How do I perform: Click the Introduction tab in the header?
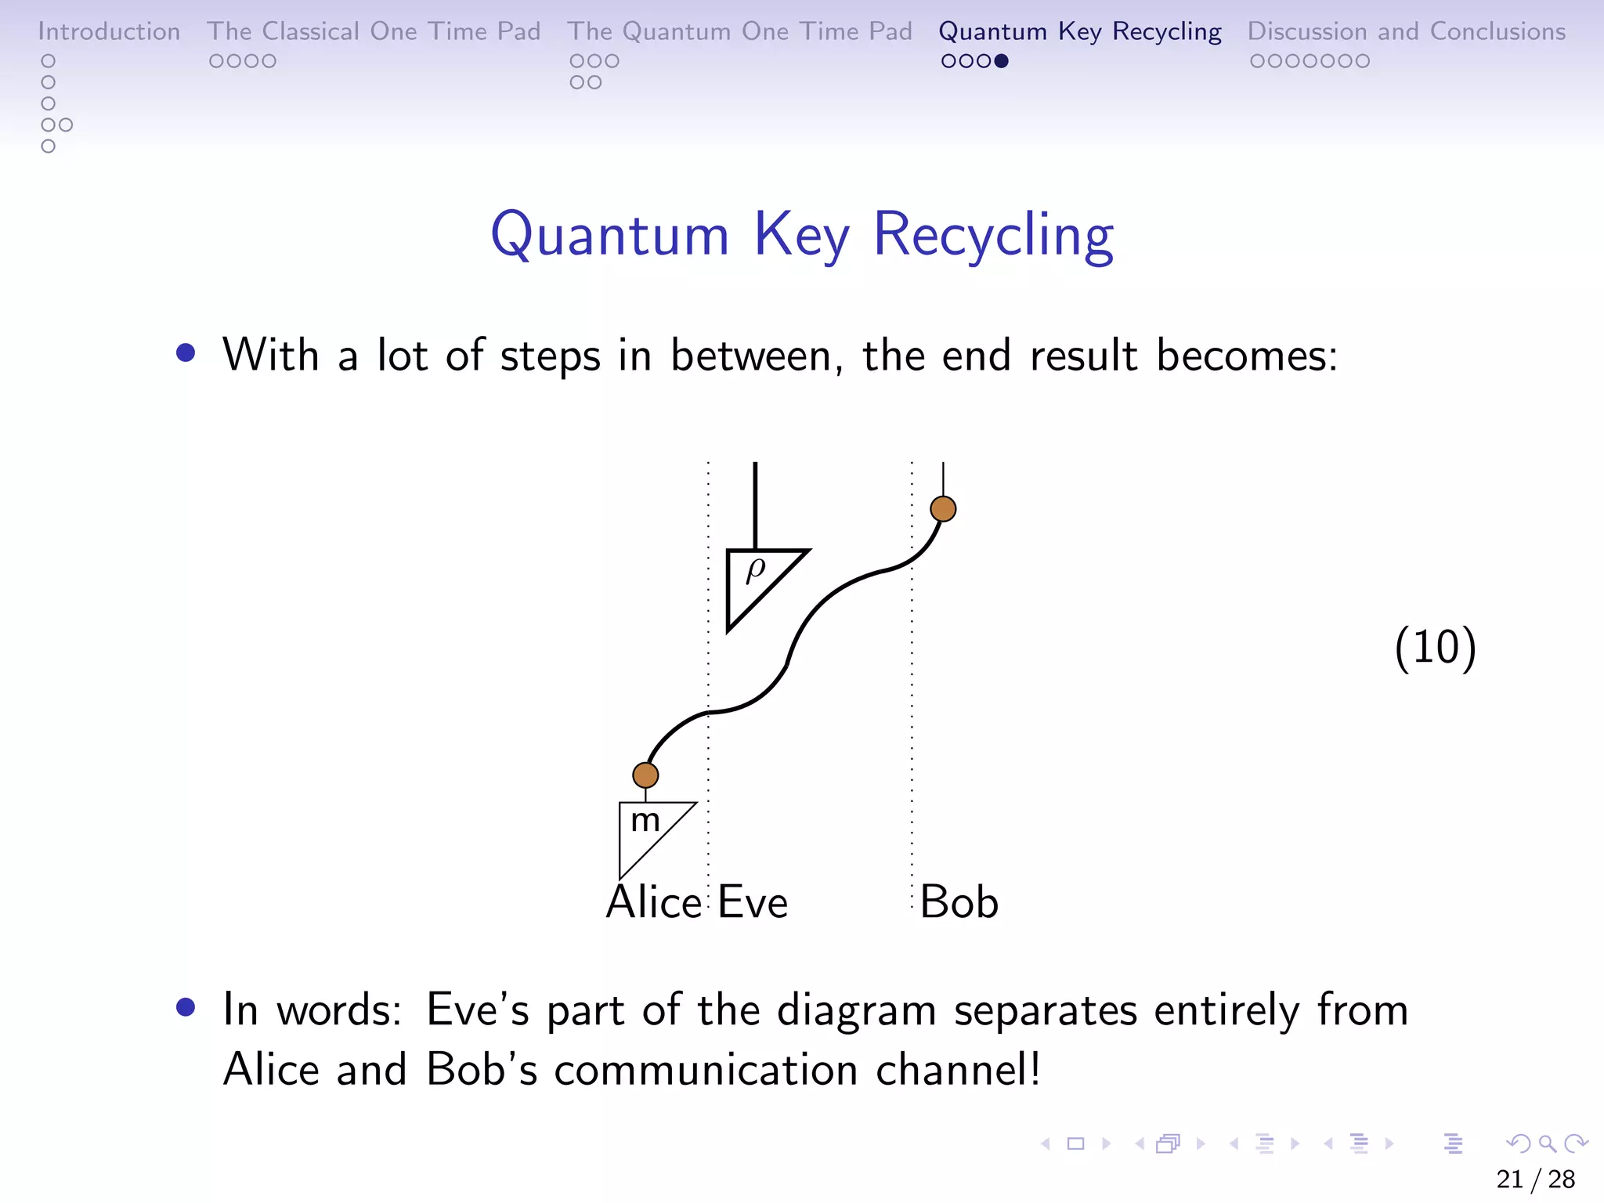pyautogui.click(x=109, y=31)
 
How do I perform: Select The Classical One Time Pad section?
pyautogui.click(x=374, y=31)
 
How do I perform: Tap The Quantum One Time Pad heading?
pyautogui.click(x=739, y=31)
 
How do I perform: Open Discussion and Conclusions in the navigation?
pyautogui.click(x=1406, y=31)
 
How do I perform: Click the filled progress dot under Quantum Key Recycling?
pyautogui.click(x=1001, y=61)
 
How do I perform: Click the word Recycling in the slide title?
pyautogui.click(x=993, y=235)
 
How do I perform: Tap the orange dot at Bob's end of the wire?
pyautogui.click(x=943, y=509)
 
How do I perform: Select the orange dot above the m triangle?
pyautogui.click(x=645, y=775)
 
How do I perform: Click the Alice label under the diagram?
pyautogui.click(x=653, y=902)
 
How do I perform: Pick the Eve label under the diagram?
pyautogui.click(x=753, y=902)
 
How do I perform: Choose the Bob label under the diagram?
pyautogui.click(x=959, y=902)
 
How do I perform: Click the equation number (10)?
pyautogui.click(x=1435, y=647)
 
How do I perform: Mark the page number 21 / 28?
pyautogui.click(x=1535, y=1179)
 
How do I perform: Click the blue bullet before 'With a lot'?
pyautogui.click(x=186, y=353)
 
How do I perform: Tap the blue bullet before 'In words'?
pyautogui.click(x=186, y=1007)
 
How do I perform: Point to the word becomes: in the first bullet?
pyautogui.click(x=1247, y=356)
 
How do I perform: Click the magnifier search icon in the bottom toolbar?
pyautogui.click(x=1547, y=1143)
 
